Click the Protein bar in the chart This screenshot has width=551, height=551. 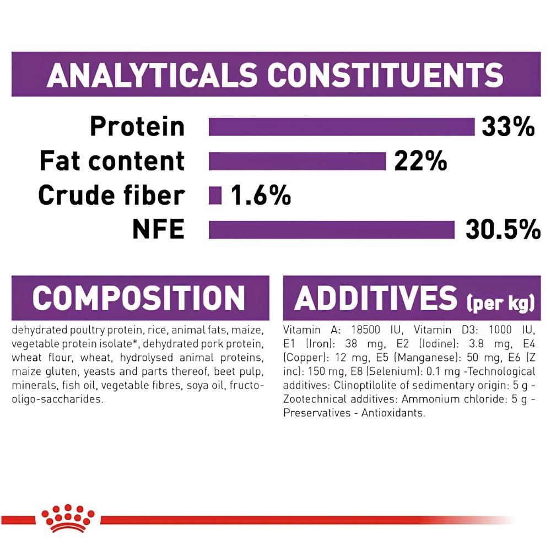(342, 127)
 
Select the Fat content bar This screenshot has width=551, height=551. (298, 161)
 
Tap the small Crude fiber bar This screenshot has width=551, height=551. (215, 196)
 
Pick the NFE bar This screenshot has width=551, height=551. (332, 230)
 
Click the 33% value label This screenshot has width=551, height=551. (508, 127)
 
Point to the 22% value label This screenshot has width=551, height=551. (420, 161)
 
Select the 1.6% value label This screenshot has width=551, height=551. (261, 196)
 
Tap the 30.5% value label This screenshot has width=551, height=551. (503, 230)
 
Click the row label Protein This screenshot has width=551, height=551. (137, 127)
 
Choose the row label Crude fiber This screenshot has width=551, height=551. (112, 196)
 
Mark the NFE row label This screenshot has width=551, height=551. (159, 229)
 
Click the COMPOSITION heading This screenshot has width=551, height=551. (139, 298)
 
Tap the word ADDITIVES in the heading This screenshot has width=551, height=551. (376, 298)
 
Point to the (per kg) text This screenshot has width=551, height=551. (500, 303)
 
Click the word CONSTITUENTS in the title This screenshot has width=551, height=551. (385, 75)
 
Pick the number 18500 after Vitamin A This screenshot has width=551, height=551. (365, 330)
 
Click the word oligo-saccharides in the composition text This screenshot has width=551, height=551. (58, 399)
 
